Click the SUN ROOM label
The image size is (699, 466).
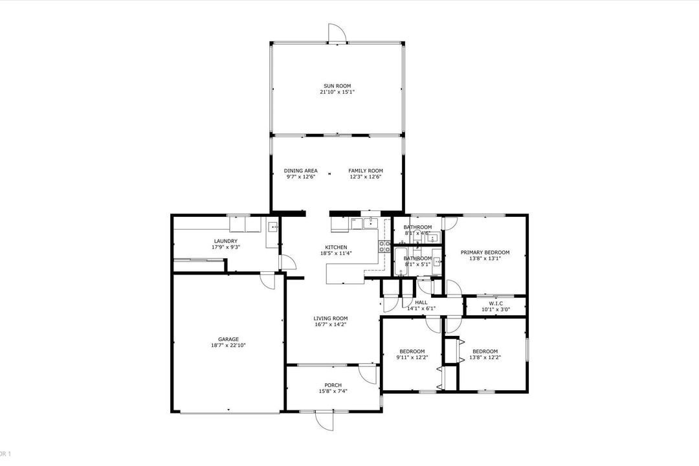[337, 85]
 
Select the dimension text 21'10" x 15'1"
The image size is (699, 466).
[337, 92]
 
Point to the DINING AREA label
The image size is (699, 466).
[300, 171]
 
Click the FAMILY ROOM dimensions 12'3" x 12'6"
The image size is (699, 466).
[366, 177]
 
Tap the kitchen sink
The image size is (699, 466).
[370, 224]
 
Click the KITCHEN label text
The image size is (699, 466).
[336, 247]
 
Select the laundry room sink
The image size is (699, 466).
[272, 227]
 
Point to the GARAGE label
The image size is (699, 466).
[228, 339]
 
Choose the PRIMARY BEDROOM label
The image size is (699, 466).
[485, 252]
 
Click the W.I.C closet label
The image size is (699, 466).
[496, 303]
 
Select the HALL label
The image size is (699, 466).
[421, 302]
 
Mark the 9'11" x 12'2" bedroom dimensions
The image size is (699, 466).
[412, 357]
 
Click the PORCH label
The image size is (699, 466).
[333, 385]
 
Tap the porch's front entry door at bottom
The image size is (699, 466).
[324, 419]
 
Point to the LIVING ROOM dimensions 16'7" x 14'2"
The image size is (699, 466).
[331, 324]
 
